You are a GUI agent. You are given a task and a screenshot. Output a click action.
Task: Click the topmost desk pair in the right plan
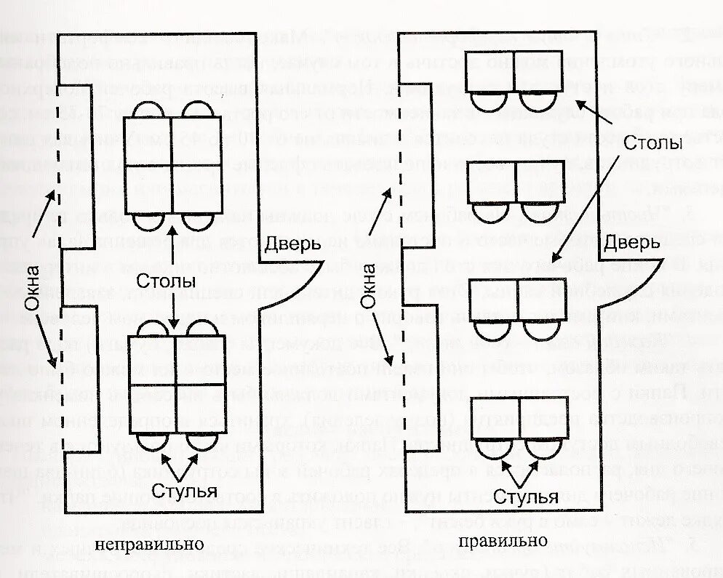click(x=515, y=70)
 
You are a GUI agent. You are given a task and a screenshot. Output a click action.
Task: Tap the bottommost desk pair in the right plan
click(x=519, y=417)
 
